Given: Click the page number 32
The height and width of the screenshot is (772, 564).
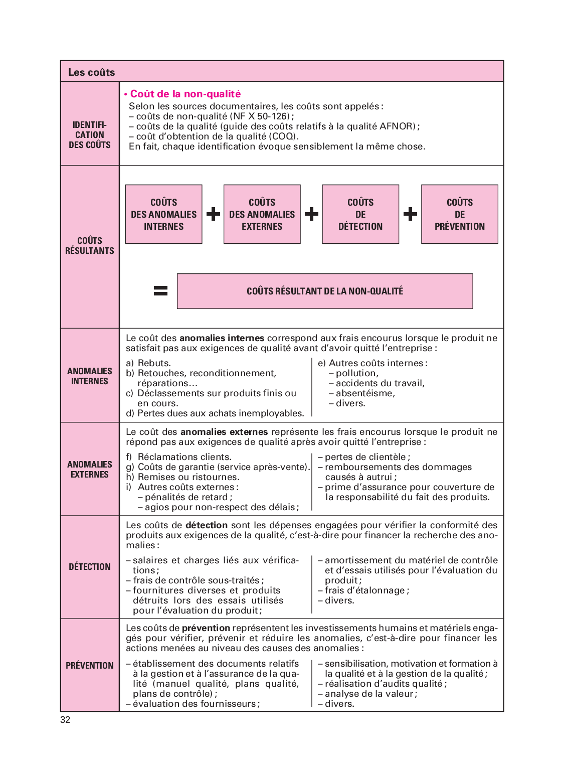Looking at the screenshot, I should pyautogui.click(x=65, y=720).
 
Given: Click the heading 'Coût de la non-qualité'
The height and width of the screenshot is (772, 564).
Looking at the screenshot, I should pyautogui.click(x=185, y=94).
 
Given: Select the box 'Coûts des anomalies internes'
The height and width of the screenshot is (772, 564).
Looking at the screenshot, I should pyautogui.click(x=163, y=214).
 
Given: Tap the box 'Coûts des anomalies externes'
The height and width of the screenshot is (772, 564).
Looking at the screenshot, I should pyautogui.click(x=262, y=214).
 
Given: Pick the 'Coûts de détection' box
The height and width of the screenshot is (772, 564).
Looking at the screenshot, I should pyautogui.click(x=360, y=214).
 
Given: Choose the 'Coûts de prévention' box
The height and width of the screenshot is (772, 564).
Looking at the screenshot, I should pyautogui.click(x=459, y=214).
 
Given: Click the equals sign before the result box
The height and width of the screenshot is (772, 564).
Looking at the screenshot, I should pyautogui.click(x=160, y=290).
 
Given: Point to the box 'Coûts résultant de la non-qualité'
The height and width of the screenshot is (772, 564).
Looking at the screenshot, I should pyautogui.click(x=325, y=291).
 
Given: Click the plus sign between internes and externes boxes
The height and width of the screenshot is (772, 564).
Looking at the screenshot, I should pyautogui.click(x=213, y=214).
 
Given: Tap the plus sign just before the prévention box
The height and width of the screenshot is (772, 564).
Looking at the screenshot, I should pyautogui.click(x=410, y=214).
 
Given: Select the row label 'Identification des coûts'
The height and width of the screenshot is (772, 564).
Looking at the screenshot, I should pyautogui.click(x=90, y=135).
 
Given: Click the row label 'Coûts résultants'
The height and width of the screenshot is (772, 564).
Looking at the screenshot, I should pyautogui.click(x=90, y=246).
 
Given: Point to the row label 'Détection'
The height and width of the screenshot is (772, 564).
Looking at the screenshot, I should pyautogui.click(x=90, y=567).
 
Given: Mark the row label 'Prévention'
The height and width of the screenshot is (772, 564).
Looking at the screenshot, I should pyautogui.click(x=90, y=666).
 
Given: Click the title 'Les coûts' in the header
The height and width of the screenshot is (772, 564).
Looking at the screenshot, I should pyautogui.click(x=91, y=72).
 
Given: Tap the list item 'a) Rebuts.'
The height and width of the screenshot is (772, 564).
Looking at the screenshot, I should pyautogui.click(x=148, y=363).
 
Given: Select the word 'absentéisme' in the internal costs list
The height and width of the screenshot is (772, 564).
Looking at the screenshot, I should pyautogui.click(x=365, y=393).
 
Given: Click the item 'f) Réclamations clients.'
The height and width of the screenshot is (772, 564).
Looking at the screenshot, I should pyautogui.click(x=179, y=457).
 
